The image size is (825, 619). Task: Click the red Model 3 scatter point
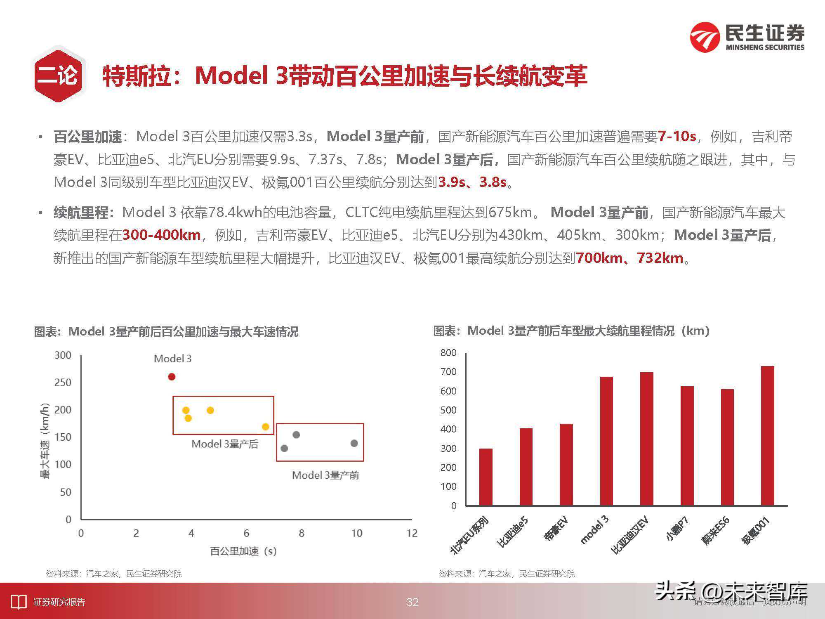click(x=172, y=376)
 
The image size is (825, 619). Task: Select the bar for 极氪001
click(x=767, y=435)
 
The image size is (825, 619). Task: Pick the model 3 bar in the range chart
click(x=606, y=441)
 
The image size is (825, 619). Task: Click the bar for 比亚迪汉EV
click(x=646, y=439)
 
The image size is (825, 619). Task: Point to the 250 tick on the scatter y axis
click(x=63, y=383)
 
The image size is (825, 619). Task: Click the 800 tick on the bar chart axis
click(x=448, y=353)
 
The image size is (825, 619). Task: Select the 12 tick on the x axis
click(x=412, y=533)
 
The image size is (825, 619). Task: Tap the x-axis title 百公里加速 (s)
click(x=243, y=551)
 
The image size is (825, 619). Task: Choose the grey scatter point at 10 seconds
click(x=354, y=443)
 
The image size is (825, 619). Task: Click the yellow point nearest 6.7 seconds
click(x=265, y=427)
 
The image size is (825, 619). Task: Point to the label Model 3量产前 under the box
click(x=325, y=475)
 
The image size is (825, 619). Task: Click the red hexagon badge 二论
click(x=58, y=76)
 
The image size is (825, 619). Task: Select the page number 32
click(x=412, y=602)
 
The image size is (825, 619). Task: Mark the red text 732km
click(x=660, y=258)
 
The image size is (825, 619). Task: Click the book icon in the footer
click(x=18, y=602)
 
